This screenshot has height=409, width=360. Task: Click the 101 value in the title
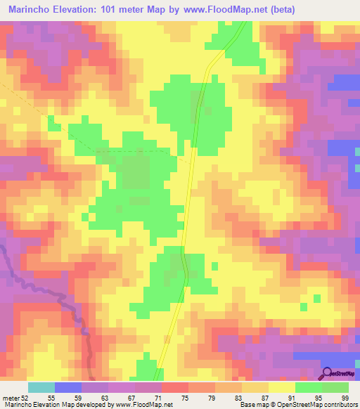[112, 9]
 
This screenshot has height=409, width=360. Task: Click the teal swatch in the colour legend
[41, 387]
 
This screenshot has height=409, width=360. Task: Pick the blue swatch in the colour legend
[68, 387]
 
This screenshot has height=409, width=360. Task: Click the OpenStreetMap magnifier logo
[328, 373]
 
